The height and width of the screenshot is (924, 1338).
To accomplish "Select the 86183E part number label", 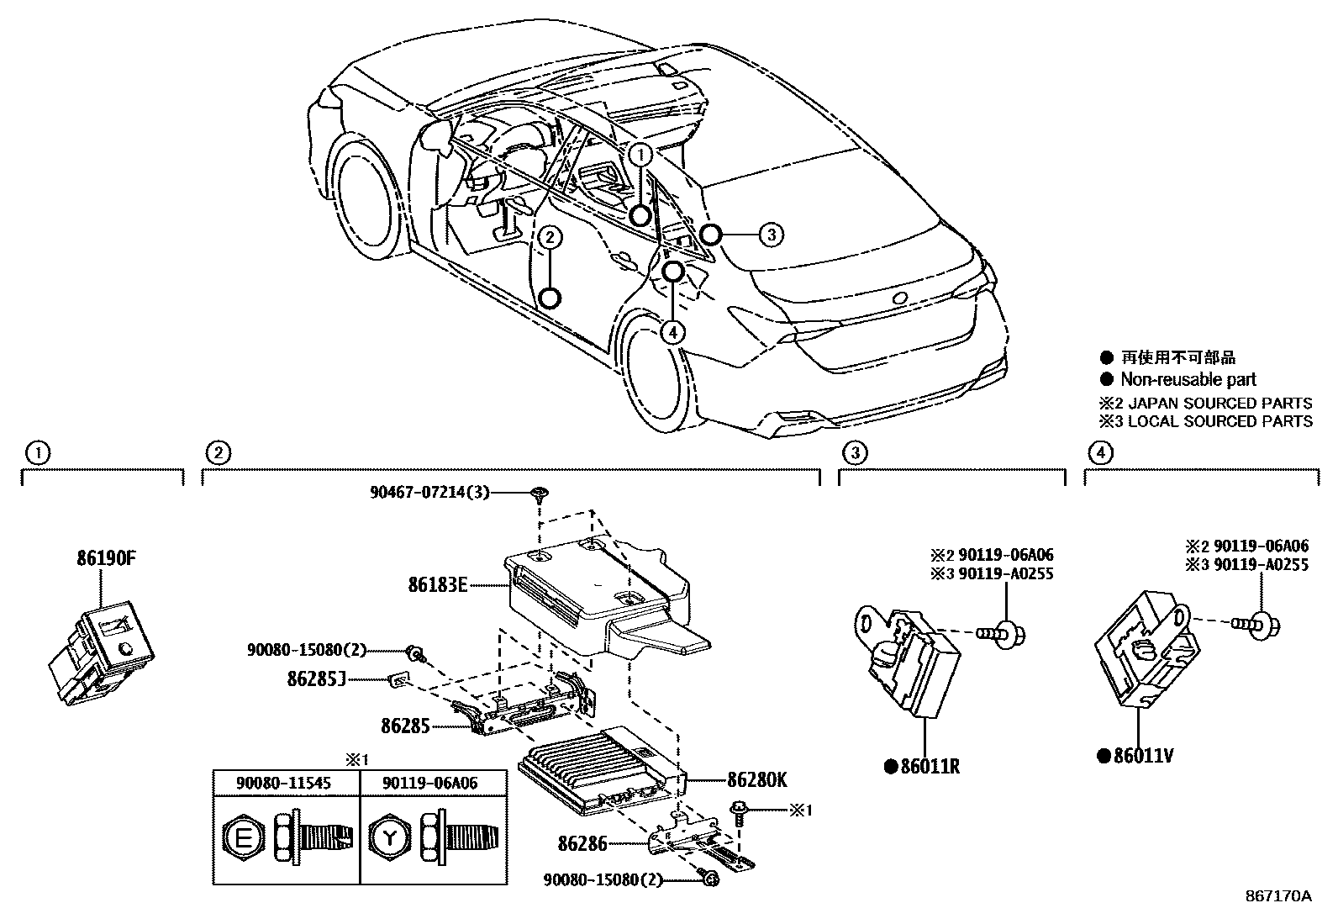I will tap(437, 584).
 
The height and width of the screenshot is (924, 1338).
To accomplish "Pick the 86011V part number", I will tap(1142, 756).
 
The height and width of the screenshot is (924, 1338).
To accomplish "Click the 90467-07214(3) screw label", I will tap(429, 493).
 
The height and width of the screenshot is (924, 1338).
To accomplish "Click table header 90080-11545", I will tap(287, 784).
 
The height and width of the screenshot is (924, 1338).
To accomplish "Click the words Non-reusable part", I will tap(1188, 380).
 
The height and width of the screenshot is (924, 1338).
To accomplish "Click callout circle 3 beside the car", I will tap(771, 235).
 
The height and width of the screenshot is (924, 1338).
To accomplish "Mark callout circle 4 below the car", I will tap(672, 332).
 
